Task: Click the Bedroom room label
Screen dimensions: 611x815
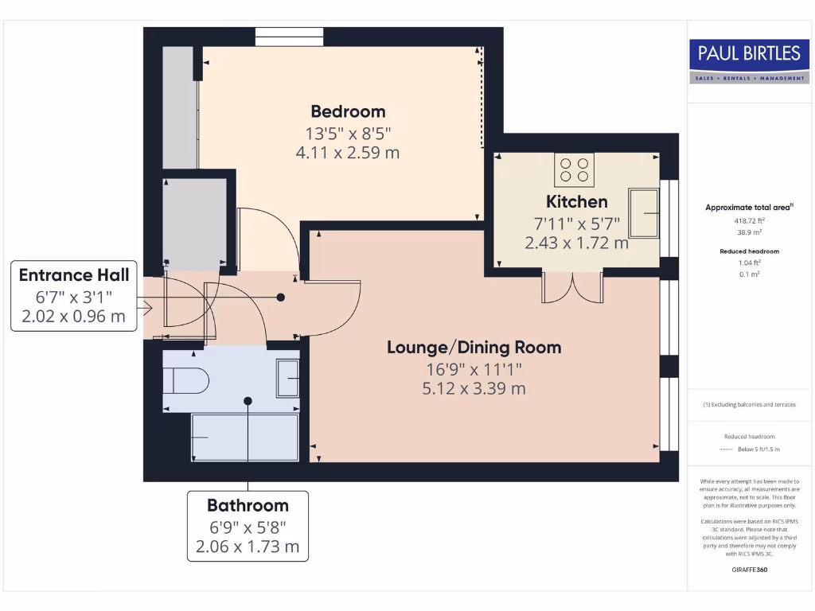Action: click(348, 111)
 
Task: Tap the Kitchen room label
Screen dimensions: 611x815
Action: click(576, 201)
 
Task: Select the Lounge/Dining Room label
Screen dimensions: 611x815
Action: click(474, 347)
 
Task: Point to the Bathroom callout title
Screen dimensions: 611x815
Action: click(248, 505)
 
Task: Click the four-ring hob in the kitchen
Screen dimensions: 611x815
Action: click(575, 169)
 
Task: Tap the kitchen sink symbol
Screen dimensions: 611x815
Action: click(644, 212)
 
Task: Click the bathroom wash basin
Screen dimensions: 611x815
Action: click(287, 378)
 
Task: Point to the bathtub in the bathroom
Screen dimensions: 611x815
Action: click(245, 437)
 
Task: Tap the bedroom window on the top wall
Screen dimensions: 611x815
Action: click(289, 37)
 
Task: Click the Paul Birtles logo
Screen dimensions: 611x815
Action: click(748, 60)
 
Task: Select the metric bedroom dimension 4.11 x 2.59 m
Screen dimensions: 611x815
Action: click(347, 152)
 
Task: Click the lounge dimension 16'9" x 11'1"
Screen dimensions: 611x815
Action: click(474, 368)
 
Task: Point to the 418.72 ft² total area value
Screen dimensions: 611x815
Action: click(748, 220)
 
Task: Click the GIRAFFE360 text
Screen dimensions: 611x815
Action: click(748, 570)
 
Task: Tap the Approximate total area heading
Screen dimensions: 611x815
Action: click(747, 208)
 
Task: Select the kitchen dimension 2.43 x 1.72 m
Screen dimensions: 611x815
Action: click(576, 243)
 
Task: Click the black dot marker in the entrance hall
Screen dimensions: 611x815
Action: click(280, 298)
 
